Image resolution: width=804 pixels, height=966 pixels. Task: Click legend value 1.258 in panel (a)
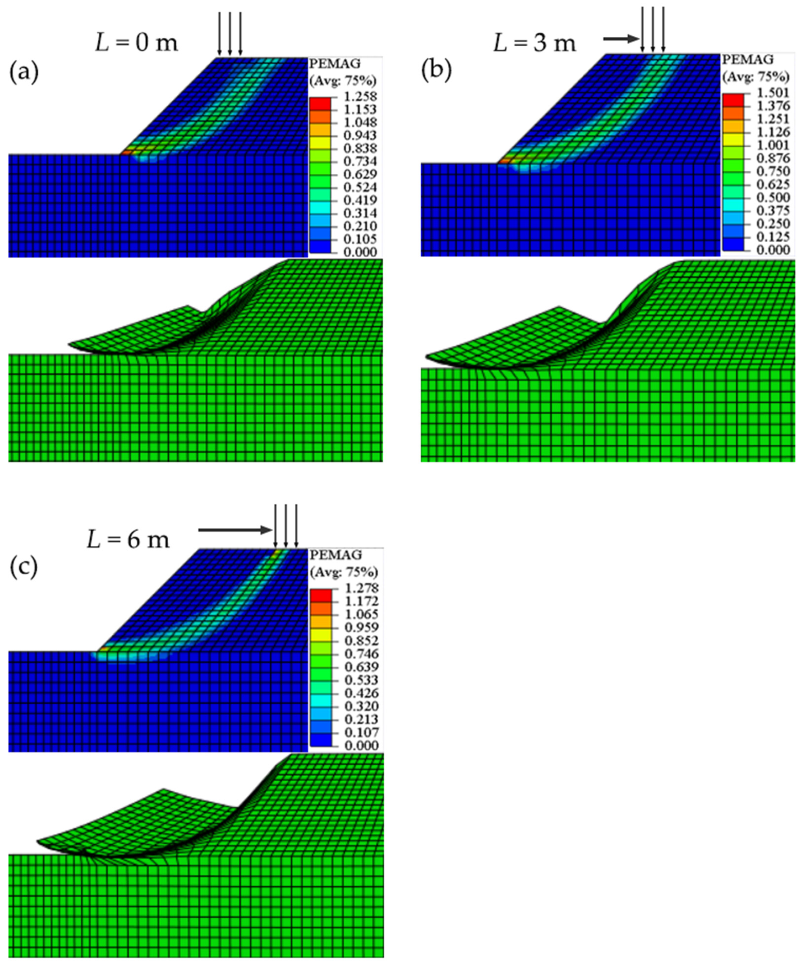363,97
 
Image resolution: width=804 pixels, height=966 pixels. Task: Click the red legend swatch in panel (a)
320,103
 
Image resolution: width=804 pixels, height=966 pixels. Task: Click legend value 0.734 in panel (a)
363,161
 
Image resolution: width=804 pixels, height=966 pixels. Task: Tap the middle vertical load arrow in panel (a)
229,32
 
